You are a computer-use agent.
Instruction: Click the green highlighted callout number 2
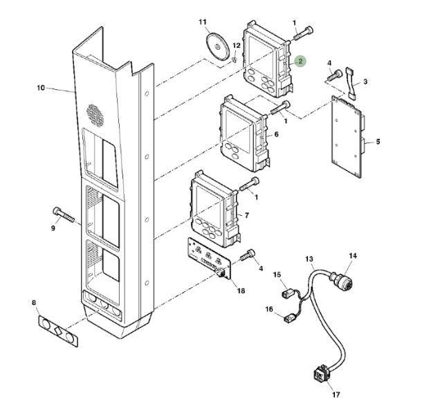coord(300,62)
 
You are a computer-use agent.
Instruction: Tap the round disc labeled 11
coord(217,46)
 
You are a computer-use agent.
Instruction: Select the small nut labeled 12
coord(234,59)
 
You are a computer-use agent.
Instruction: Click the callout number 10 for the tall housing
coord(41,88)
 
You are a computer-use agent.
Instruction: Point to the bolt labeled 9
coord(64,215)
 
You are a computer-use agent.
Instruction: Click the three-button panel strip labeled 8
coord(58,331)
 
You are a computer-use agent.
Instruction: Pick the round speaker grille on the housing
coord(95,115)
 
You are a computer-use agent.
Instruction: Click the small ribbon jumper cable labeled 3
coord(352,83)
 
